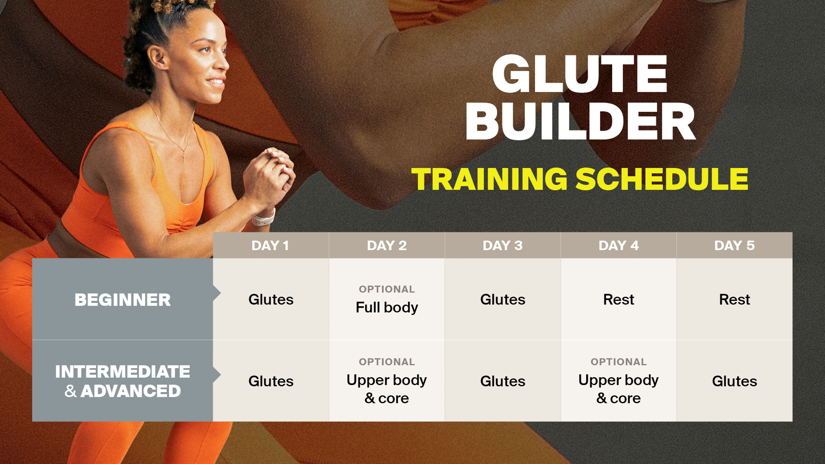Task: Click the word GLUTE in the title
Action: (580, 74)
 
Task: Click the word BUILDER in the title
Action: (581, 122)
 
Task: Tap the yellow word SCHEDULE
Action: (662, 179)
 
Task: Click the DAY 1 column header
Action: (271, 246)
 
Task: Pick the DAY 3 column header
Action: (502, 246)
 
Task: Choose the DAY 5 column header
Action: (734, 246)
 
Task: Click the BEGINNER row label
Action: (123, 300)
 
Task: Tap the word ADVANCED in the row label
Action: (131, 391)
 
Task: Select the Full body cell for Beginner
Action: (387, 307)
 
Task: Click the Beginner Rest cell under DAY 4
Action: (618, 300)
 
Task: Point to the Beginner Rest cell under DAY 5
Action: (734, 300)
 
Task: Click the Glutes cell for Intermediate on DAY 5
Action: (734, 381)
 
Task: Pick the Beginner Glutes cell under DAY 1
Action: (271, 300)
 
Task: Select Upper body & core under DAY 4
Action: (618, 389)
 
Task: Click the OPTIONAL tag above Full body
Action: (387, 289)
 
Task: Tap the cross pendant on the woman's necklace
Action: (184, 158)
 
